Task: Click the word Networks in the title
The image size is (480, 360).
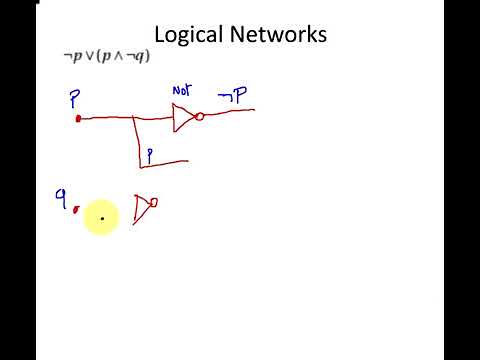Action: (280, 35)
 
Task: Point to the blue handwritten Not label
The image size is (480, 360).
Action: (181, 90)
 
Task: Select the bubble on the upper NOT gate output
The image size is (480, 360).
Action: (199, 117)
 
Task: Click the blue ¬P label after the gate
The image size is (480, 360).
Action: (233, 95)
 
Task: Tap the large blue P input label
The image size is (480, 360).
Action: (74, 99)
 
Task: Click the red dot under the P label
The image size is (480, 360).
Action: (78, 119)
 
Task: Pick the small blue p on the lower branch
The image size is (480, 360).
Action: (150, 155)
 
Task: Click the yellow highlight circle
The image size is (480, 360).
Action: (102, 216)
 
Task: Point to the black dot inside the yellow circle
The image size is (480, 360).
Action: (102, 217)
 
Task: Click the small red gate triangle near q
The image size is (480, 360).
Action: (141, 207)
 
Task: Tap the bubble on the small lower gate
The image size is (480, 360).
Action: (153, 202)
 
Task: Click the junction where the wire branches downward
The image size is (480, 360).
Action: (135, 118)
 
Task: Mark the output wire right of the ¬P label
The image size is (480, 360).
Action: (244, 110)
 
